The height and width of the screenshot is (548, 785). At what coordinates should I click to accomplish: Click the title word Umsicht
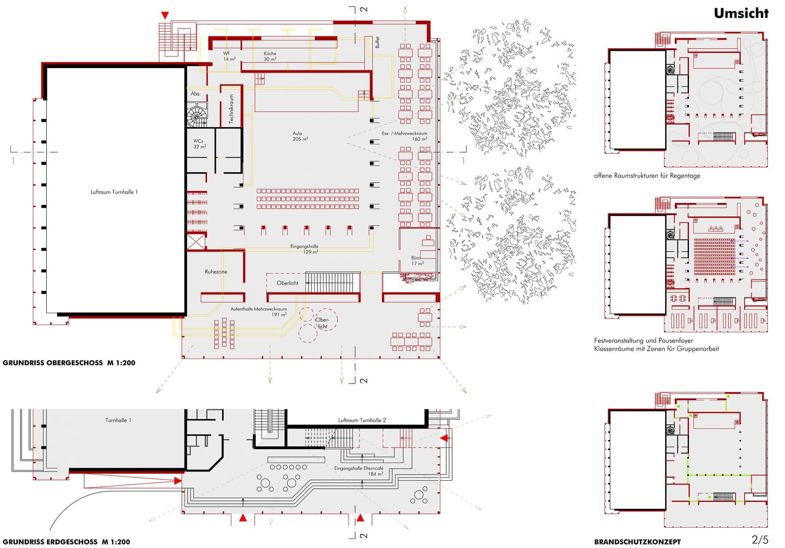pyautogui.click(x=741, y=13)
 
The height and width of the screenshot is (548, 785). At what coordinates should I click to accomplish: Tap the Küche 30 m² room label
pyautogui.click(x=270, y=56)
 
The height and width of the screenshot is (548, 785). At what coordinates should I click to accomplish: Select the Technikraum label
pyautogui.click(x=231, y=109)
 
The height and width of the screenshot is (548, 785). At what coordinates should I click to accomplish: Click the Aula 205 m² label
pyautogui.click(x=300, y=136)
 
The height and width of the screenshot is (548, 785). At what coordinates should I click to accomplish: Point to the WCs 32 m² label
pyautogui.click(x=199, y=144)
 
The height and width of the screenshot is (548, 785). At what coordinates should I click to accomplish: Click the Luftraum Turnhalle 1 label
pyautogui.click(x=114, y=192)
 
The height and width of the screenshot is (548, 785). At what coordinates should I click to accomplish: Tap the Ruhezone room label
pyautogui.click(x=216, y=272)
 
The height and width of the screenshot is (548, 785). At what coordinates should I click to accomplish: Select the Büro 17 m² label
pyautogui.click(x=417, y=261)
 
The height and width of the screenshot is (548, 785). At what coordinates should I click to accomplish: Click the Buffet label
pyautogui.click(x=377, y=42)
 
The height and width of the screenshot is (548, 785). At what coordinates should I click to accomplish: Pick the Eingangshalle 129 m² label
pyautogui.click(x=305, y=249)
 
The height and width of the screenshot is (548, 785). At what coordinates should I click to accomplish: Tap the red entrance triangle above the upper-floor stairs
pyautogui.click(x=165, y=16)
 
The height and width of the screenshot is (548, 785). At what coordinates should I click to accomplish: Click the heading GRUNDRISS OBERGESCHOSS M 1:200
pyautogui.click(x=69, y=363)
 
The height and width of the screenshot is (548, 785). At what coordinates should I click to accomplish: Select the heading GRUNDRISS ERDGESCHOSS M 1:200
pyautogui.click(x=66, y=542)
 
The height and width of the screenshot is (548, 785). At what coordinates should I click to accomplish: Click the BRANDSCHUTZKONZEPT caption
pyautogui.click(x=637, y=542)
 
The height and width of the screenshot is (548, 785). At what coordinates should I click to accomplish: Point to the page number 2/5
pyautogui.click(x=760, y=540)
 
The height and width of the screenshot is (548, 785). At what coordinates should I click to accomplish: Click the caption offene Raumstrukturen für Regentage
pyautogui.click(x=647, y=176)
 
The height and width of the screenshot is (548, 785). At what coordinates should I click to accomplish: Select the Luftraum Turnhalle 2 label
pyautogui.click(x=362, y=420)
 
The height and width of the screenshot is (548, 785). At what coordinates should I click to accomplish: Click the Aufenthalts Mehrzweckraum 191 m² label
pyautogui.click(x=258, y=312)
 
